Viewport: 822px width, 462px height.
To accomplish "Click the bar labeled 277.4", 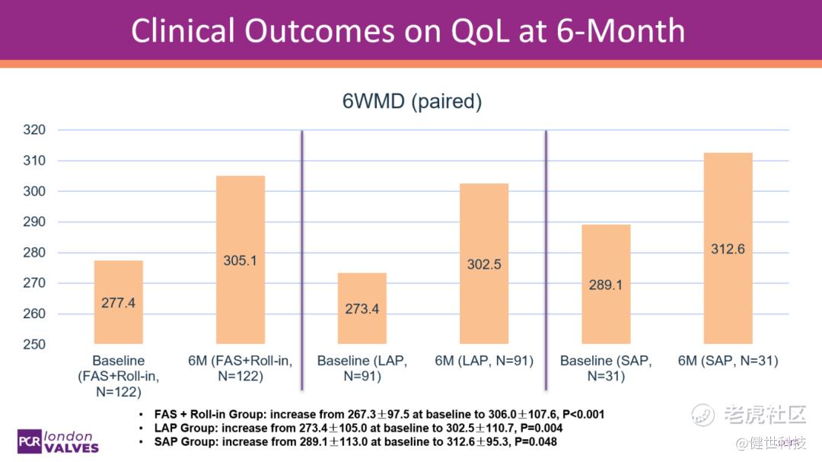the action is [119, 302].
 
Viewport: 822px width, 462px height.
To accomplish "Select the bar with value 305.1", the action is [241, 260].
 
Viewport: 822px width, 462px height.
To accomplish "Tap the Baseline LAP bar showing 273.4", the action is [362, 308].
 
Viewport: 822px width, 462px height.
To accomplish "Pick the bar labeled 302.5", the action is [484, 264].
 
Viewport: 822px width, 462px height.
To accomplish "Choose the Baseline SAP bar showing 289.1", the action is [606, 284].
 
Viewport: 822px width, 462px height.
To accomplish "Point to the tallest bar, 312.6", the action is [728, 249].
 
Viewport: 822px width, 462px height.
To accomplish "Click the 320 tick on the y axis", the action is [34, 129].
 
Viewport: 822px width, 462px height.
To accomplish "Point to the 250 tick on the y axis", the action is [34, 344].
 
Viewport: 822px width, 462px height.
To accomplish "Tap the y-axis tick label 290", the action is [34, 221].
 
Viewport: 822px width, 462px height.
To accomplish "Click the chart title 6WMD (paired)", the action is [412, 101].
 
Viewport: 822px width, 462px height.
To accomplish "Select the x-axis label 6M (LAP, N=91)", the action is [484, 361].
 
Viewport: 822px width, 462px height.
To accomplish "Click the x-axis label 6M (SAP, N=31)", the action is [728, 361].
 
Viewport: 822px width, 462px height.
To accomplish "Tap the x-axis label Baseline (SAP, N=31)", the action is [606, 368].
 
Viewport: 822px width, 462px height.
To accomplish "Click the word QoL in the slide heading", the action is [479, 31].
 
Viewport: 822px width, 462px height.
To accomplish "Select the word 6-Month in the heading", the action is [621, 31].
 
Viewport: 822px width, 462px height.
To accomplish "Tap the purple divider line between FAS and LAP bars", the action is [302, 260].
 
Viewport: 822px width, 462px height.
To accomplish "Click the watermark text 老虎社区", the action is [765, 415].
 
